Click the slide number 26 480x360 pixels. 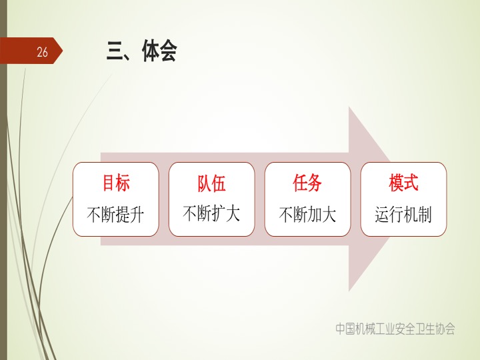click(x=42, y=52)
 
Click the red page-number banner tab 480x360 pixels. click(x=31, y=51)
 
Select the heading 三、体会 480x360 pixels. click(x=142, y=51)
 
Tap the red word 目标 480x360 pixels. click(x=116, y=183)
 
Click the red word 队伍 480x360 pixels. click(x=211, y=183)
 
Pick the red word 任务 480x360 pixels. click(x=307, y=183)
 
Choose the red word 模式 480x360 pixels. click(x=403, y=183)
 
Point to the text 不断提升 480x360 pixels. click(x=115, y=214)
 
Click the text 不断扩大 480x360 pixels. click(x=211, y=213)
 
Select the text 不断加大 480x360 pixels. click(x=307, y=214)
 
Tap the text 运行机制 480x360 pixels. click(x=403, y=214)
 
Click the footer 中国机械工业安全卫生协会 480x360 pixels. click(x=395, y=329)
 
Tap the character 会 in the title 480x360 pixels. click(x=168, y=51)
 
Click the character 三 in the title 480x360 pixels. click(x=115, y=51)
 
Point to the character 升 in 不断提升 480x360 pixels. click(x=137, y=215)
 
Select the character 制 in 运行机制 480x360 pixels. click(x=425, y=214)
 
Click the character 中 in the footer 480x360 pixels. click(x=341, y=329)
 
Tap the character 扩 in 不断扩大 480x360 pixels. click(x=219, y=213)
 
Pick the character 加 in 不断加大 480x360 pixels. click(x=315, y=214)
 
